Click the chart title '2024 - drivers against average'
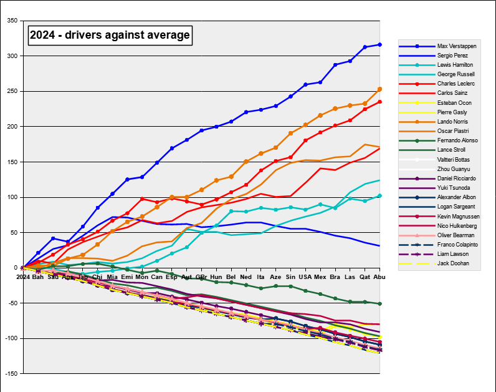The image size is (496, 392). (110, 35)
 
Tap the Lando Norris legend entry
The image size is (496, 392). (453, 122)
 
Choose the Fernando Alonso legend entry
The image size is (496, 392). (457, 140)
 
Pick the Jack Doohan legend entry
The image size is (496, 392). (452, 263)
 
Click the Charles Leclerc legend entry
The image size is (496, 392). (455, 84)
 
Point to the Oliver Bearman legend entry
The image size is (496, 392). (455, 235)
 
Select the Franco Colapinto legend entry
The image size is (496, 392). (457, 245)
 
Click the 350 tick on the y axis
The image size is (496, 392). (12, 21)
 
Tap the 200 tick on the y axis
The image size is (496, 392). (12, 127)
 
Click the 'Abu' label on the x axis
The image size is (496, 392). (379, 276)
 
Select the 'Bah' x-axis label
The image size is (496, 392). (38, 276)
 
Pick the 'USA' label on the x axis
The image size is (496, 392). (305, 276)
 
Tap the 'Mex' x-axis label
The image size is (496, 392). (320, 276)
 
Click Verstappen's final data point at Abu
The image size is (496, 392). (379, 45)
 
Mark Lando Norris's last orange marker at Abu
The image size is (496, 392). (379, 89)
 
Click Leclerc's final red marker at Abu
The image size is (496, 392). (379, 102)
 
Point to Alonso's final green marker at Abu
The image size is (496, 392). (379, 303)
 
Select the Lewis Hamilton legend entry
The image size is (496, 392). (455, 65)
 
